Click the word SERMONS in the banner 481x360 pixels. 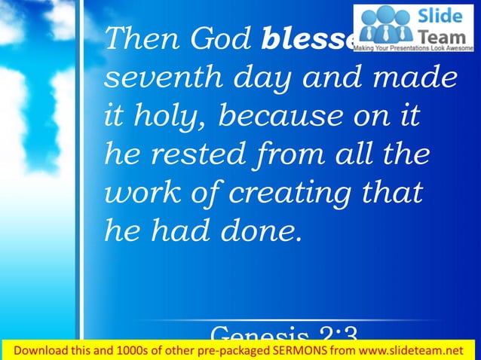[296, 351]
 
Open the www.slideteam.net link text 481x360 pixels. [412, 351]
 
